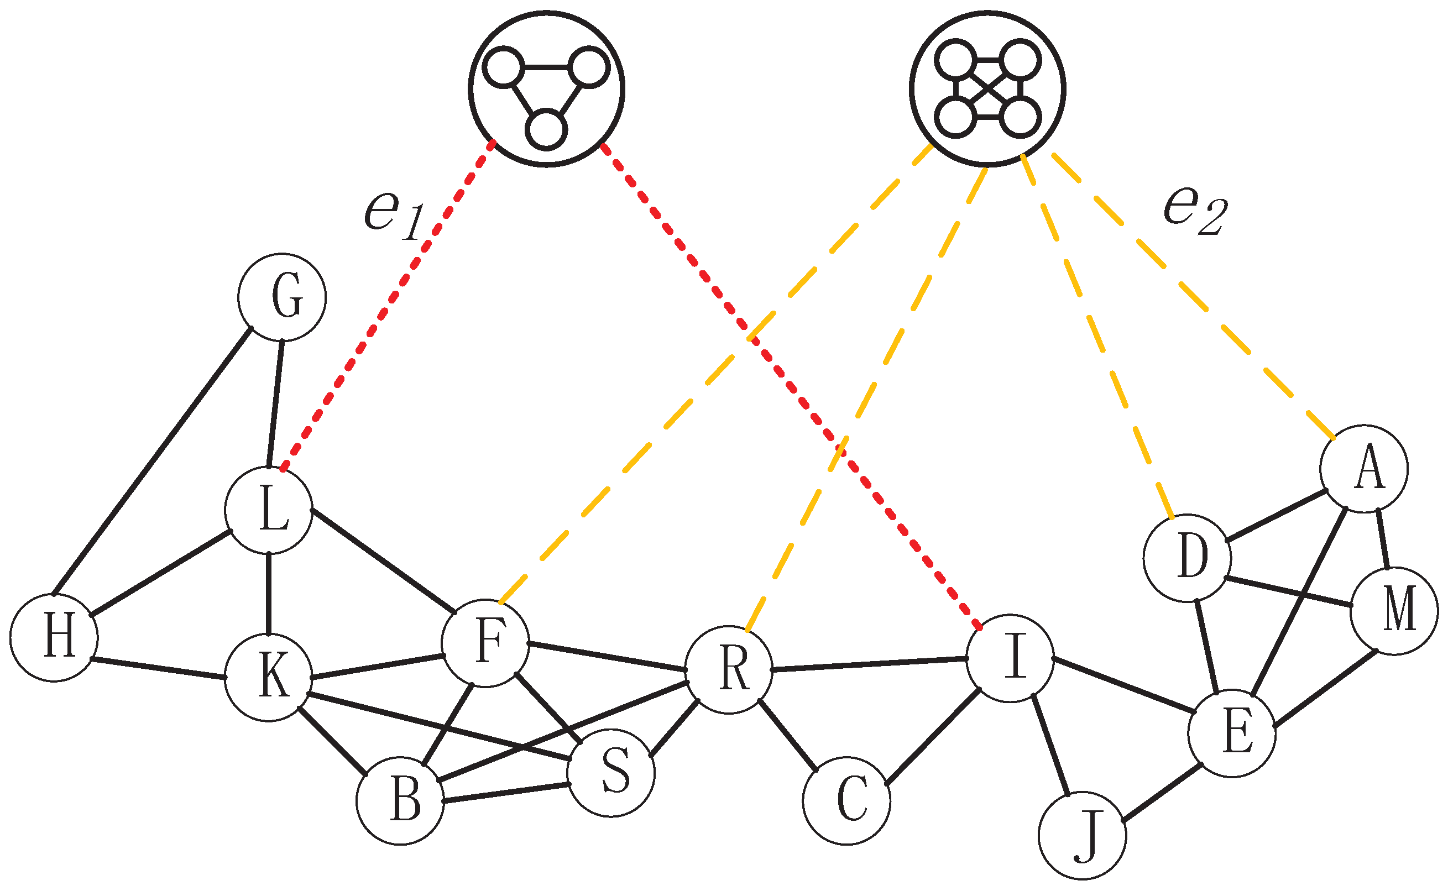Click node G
(282, 297)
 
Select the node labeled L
(269, 510)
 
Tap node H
(54, 638)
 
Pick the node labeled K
(269, 678)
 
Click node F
(485, 643)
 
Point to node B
(400, 801)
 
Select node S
(611, 773)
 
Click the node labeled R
(729, 670)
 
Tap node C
(846, 801)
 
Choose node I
(1010, 658)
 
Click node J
(1082, 836)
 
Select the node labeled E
(1232, 733)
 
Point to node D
(1187, 558)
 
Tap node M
(1394, 611)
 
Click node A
(1364, 469)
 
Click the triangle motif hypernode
(546, 89)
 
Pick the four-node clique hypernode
(988, 89)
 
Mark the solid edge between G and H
(152, 461)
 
